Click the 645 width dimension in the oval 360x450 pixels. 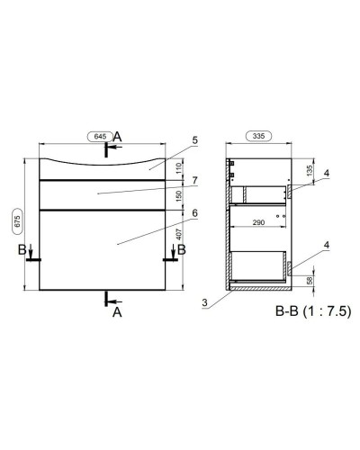coord(100,136)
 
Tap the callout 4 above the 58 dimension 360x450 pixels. coord(327,245)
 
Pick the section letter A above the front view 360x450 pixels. coord(118,136)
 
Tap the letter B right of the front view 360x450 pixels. coord(180,248)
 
